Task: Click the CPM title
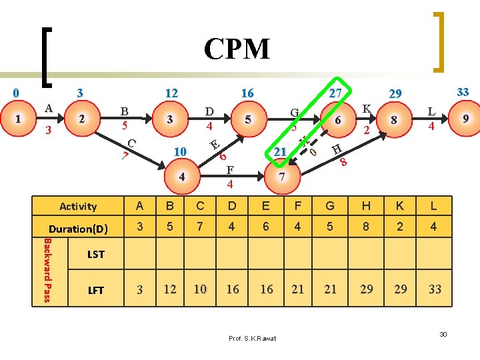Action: (237, 49)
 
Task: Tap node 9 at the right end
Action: (466, 119)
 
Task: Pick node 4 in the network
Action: (181, 177)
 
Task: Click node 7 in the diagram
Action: (281, 177)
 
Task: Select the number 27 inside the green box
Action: (335, 93)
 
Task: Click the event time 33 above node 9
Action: (463, 92)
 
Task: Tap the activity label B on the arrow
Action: (124, 111)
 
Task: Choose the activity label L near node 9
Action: (431, 111)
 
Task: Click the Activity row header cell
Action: (78, 207)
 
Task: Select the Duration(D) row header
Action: (78, 229)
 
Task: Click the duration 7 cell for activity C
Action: (200, 227)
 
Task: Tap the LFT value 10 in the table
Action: (200, 289)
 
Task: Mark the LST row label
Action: (97, 254)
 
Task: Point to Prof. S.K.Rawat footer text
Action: (252, 339)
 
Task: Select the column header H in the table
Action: (365, 206)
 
